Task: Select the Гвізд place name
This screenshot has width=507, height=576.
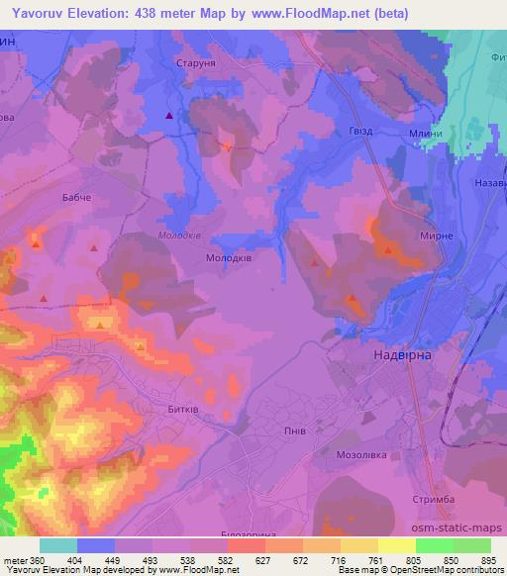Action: tap(360, 133)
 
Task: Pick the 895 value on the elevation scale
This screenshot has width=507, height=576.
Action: tap(489, 560)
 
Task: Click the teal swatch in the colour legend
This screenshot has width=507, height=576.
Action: tap(58, 544)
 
